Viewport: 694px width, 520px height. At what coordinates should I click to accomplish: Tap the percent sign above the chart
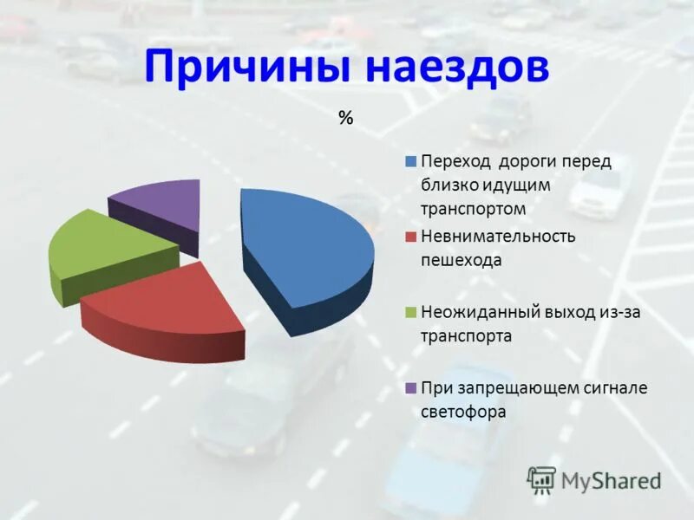(x=346, y=119)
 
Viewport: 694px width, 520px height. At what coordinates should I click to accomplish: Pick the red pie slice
(x=164, y=303)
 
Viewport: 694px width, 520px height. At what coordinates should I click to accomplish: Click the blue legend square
(x=408, y=161)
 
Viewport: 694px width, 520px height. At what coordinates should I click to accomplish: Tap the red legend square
(x=408, y=236)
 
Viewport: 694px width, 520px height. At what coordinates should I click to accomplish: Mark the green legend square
(x=408, y=311)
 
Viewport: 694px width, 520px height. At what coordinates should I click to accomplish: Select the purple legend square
(x=408, y=387)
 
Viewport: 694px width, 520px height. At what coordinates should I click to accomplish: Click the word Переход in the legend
(x=450, y=161)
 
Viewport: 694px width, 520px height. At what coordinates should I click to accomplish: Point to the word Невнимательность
(x=498, y=236)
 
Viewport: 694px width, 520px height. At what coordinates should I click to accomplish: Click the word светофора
(x=463, y=412)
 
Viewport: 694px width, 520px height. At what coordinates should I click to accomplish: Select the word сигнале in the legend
(x=615, y=387)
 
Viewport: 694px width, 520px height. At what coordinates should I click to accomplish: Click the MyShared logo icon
(x=541, y=479)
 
